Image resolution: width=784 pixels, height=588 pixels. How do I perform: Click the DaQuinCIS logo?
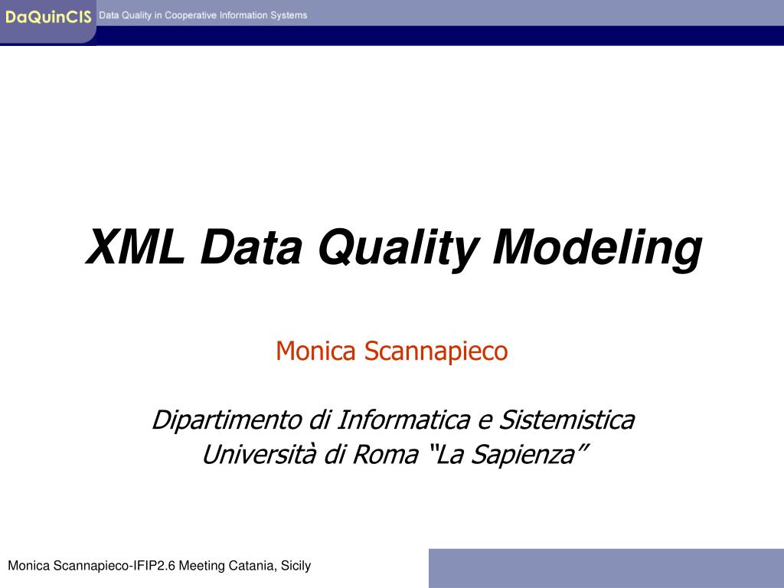[48, 17]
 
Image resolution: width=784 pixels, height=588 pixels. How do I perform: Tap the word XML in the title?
[135, 247]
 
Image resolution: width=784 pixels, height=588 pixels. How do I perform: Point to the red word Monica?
[316, 351]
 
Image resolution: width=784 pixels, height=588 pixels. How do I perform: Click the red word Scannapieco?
[436, 351]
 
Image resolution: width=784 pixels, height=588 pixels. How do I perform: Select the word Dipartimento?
[227, 420]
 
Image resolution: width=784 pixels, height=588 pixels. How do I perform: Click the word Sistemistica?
[567, 420]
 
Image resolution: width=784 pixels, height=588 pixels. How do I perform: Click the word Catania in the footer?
[252, 566]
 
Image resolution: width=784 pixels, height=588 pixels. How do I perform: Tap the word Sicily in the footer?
[296, 566]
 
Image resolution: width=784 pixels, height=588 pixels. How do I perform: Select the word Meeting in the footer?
[202, 566]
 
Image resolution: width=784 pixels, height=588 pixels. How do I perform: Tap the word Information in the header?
[243, 15]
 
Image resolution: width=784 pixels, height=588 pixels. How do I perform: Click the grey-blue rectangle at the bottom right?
[606, 568]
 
